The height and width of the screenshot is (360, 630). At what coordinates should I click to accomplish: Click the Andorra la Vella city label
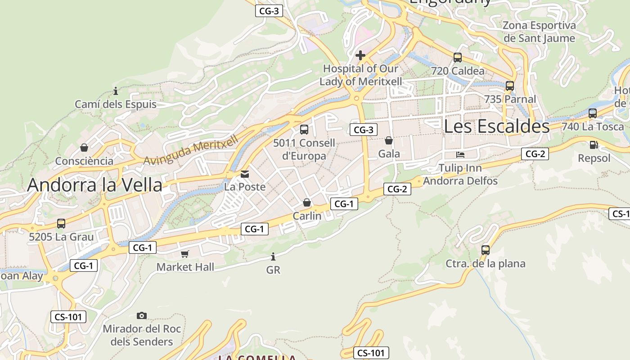click(x=94, y=185)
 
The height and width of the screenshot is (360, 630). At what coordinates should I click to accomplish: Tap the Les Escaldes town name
click(x=496, y=126)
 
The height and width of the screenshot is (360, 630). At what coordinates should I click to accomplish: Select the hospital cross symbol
click(x=360, y=56)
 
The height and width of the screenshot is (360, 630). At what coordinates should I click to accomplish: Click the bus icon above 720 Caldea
click(x=458, y=58)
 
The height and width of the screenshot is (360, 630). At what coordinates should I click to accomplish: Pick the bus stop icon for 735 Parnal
click(x=509, y=85)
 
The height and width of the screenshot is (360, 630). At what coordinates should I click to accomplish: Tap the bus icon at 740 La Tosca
click(x=593, y=113)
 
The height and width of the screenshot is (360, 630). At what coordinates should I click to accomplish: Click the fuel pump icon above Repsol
click(x=594, y=145)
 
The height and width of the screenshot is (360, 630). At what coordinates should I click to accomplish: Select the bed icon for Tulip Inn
click(x=460, y=155)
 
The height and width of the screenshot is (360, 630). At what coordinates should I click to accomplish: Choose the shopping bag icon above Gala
click(x=389, y=140)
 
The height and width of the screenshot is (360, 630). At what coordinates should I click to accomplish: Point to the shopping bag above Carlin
click(x=307, y=202)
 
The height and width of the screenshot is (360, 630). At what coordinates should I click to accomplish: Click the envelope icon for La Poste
click(x=245, y=174)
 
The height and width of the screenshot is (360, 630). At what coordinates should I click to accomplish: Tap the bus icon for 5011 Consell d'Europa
click(x=304, y=130)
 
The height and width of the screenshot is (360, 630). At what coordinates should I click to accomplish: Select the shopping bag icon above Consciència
click(x=84, y=148)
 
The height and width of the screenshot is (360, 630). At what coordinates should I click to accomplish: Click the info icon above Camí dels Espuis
click(x=116, y=91)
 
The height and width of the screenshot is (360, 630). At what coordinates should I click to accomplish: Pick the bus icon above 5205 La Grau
click(x=61, y=223)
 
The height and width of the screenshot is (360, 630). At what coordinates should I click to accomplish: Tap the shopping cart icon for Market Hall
click(x=185, y=254)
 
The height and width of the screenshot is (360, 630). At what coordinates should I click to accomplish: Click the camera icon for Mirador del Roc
click(x=142, y=315)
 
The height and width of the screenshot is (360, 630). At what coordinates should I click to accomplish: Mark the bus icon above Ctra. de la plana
click(x=485, y=250)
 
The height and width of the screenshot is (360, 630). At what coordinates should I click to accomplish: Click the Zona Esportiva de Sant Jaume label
click(x=539, y=31)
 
